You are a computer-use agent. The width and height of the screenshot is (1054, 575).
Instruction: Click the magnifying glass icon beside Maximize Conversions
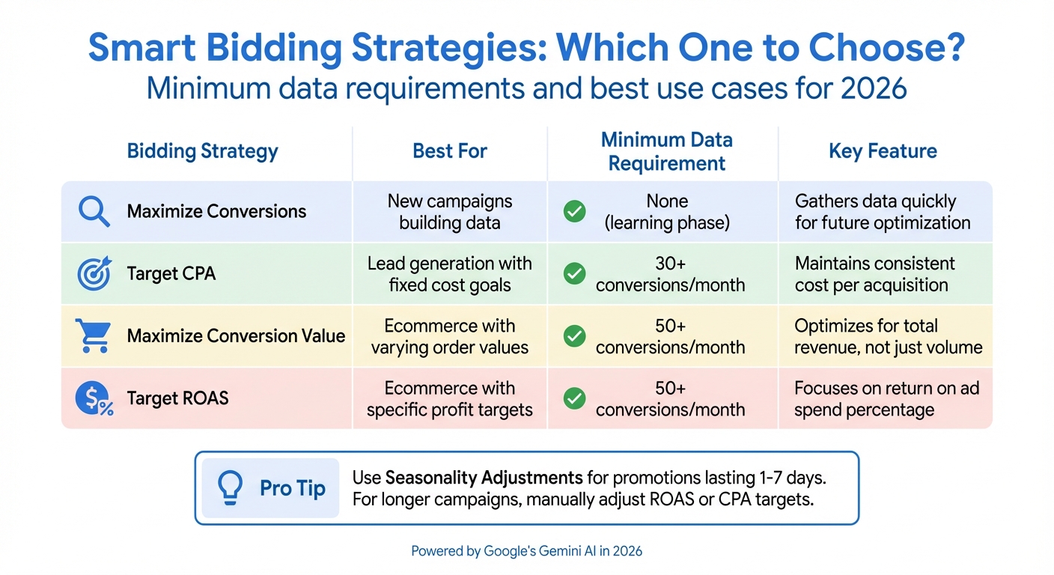(x=94, y=212)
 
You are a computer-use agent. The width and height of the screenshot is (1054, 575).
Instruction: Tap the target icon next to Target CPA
(x=94, y=274)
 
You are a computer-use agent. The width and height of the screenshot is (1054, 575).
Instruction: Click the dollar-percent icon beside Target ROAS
(x=94, y=398)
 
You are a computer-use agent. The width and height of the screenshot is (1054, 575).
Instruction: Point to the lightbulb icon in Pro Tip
(x=230, y=488)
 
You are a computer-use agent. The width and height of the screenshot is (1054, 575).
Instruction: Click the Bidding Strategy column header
(x=202, y=151)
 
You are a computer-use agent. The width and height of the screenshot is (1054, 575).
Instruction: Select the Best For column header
(x=450, y=151)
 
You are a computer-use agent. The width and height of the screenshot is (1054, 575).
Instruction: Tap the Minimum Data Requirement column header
(x=666, y=152)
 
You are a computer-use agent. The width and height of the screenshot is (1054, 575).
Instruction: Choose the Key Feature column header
(x=883, y=151)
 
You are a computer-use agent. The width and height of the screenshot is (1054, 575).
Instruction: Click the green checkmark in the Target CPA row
(x=574, y=274)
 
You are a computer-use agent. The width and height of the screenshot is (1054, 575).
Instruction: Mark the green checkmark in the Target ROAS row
(x=574, y=398)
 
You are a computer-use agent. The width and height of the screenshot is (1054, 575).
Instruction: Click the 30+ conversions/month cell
(x=670, y=274)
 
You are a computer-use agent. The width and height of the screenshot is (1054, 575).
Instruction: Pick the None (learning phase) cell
(x=667, y=212)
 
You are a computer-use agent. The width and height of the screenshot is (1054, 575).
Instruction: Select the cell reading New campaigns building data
(x=450, y=212)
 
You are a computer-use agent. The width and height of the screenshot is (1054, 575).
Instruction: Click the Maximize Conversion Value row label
(x=236, y=336)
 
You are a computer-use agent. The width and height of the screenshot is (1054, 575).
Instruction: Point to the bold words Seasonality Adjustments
(x=484, y=478)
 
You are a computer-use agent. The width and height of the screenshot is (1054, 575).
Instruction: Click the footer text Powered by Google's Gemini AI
(x=526, y=551)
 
